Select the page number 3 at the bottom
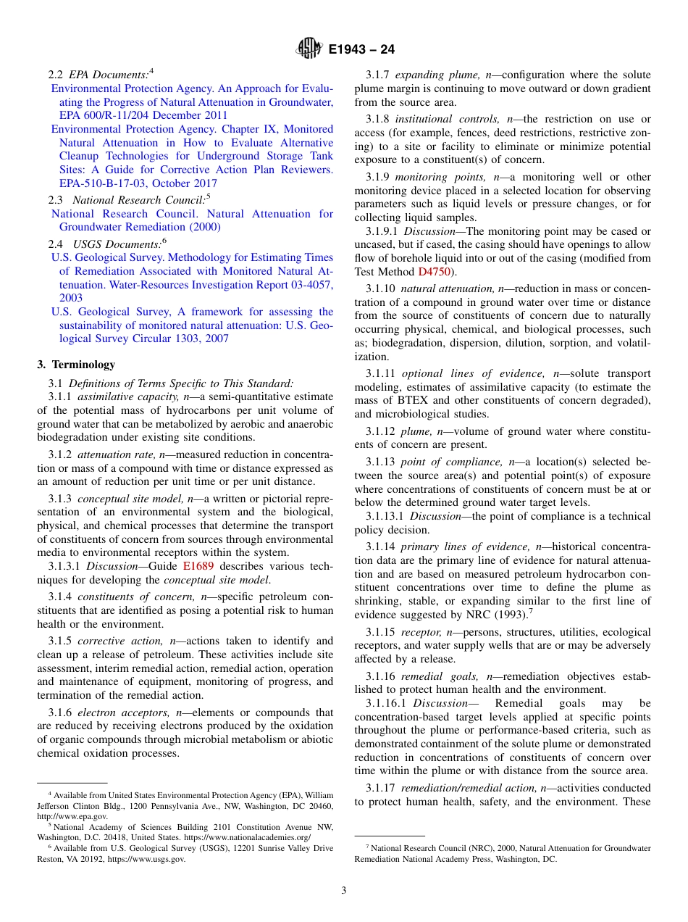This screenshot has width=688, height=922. tap(343, 890)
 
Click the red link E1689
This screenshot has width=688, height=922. tap(198, 566)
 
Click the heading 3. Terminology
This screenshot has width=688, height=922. tap(76, 365)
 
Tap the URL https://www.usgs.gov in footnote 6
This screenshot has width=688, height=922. tap(146, 860)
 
